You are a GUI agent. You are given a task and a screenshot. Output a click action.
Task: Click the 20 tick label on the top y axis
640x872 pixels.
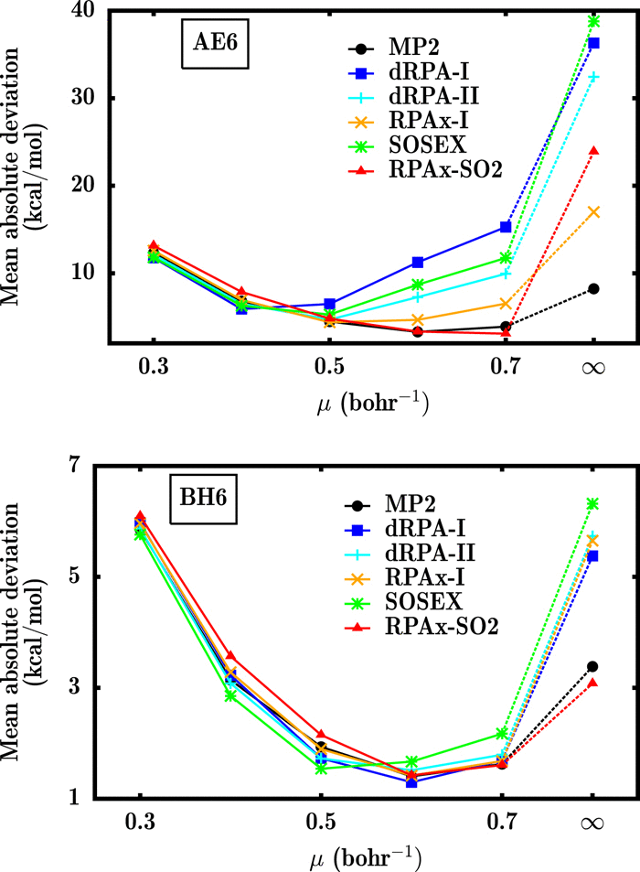coord(88,186)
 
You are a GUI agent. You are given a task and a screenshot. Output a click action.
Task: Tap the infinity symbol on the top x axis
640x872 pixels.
coord(593,368)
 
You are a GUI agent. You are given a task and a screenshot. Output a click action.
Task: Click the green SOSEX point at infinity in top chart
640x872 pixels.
coord(593,21)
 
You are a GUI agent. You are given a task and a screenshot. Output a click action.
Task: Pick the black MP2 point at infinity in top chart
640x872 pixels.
coord(593,288)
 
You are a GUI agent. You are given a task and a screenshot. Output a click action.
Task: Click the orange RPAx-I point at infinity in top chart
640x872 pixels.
coord(593,211)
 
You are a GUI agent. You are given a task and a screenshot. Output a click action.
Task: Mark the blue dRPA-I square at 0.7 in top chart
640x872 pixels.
coord(506,226)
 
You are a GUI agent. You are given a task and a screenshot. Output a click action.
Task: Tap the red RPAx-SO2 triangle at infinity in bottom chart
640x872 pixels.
coord(593,682)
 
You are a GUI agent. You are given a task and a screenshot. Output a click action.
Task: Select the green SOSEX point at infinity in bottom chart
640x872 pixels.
coord(593,503)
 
